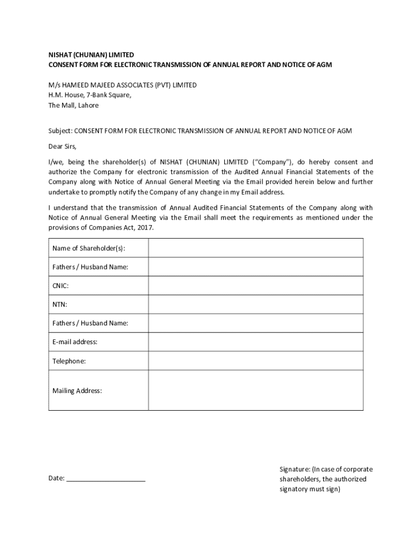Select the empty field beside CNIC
pos(256,286)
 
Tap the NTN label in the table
pos(59,305)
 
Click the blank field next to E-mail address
pos(256,342)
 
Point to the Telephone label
pos(68,361)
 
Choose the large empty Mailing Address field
pos(256,390)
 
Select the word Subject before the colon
pos(59,131)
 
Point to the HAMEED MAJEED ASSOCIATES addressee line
pos(123,85)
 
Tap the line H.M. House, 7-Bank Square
pos(89,95)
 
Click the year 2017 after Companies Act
pos(146,227)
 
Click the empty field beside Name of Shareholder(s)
pos(256,248)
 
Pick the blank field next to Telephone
pos(256,361)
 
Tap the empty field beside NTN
pos(256,305)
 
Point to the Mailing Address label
pos(77,390)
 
